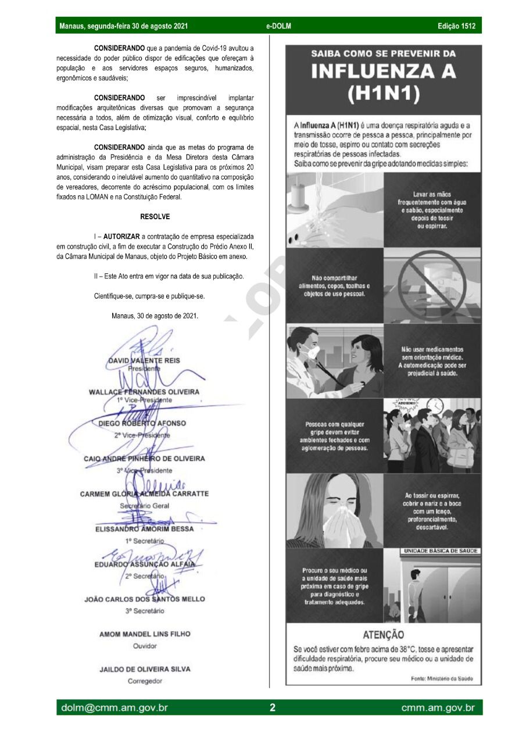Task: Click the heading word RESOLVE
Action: tap(155, 217)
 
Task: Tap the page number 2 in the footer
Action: tap(272, 707)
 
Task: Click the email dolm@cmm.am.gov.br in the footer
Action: tap(114, 707)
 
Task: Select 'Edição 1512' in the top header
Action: tap(456, 26)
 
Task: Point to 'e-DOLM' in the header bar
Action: tap(278, 26)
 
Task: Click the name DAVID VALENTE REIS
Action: tap(144, 360)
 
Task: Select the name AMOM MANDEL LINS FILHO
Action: tap(145, 634)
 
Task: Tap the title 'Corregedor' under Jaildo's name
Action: tap(145, 681)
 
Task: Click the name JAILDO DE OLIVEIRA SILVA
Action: tap(145, 670)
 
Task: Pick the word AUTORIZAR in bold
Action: tap(122, 237)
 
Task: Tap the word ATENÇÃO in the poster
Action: tap(383, 635)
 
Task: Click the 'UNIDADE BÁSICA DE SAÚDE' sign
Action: tap(440, 550)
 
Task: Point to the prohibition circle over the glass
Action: tap(432, 287)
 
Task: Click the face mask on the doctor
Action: tap(312, 352)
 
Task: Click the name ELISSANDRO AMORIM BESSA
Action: tap(144, 529)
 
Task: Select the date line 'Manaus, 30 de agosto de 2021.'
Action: tap(155, 316)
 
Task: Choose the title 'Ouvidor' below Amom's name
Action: tap(145, 646)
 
